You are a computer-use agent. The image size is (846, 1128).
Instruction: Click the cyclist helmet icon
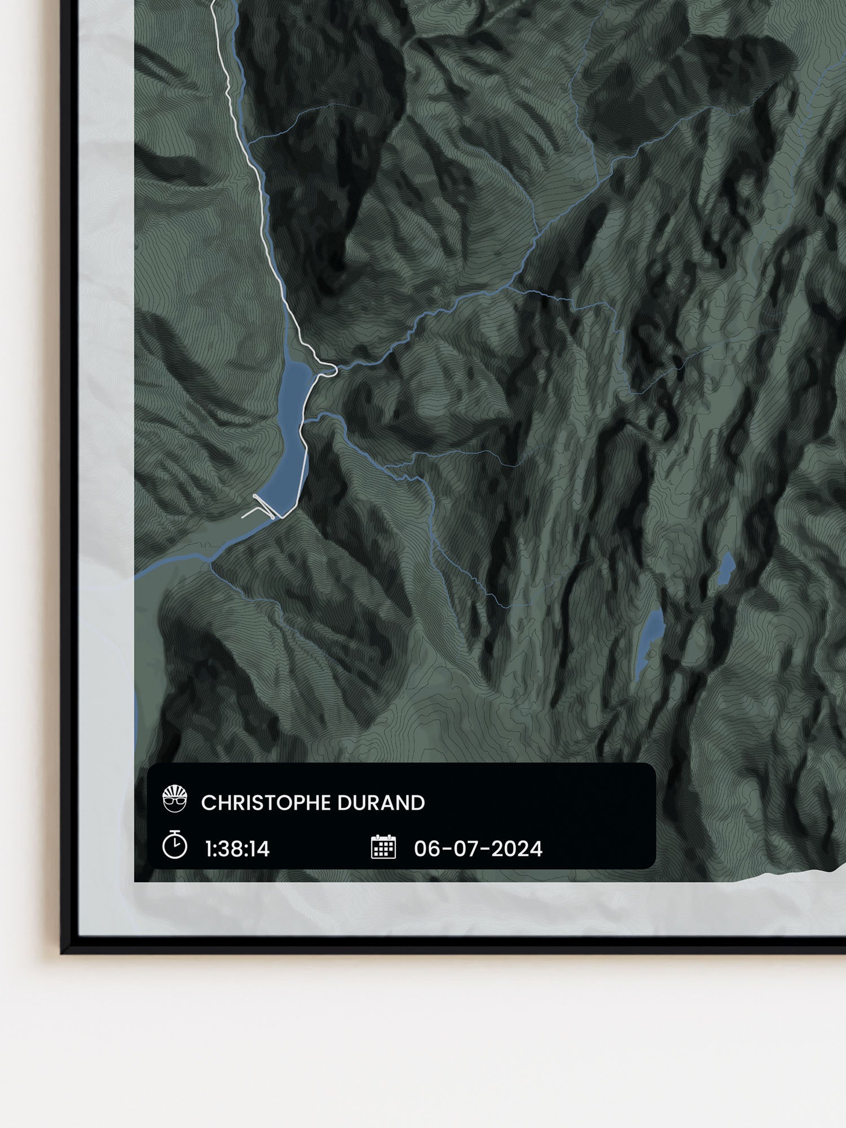174,799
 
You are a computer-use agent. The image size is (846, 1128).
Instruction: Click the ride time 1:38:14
237,849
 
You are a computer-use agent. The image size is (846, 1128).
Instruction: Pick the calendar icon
384,847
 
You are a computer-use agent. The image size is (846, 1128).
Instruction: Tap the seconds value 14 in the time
260,849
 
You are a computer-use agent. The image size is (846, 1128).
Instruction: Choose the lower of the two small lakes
650,637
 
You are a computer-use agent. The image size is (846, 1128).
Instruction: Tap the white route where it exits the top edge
213,3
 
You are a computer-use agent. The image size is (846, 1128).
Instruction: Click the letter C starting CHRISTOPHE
207,803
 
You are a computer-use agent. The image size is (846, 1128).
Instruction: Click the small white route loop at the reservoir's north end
329,370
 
